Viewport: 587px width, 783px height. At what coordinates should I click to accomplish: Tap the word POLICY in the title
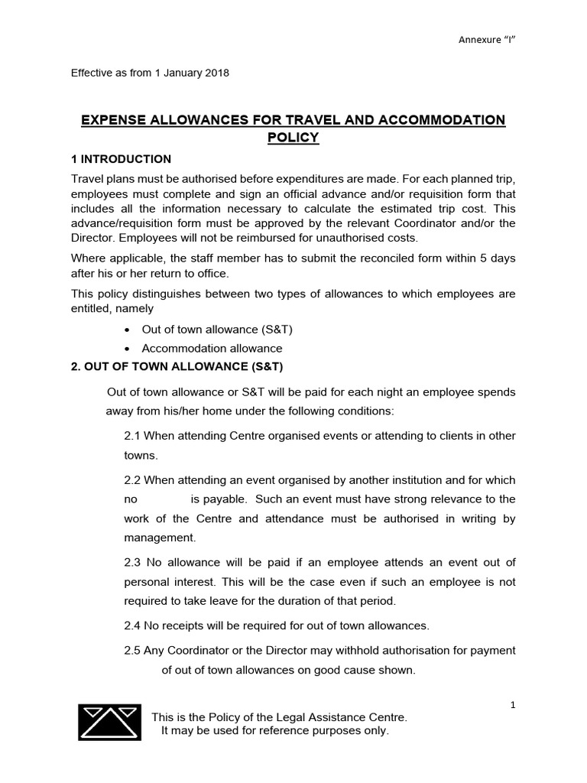pos(293,138)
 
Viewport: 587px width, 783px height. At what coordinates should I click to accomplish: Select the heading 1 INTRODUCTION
pos(121,159)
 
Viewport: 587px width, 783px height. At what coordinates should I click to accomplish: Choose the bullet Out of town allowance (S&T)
pos(217,330)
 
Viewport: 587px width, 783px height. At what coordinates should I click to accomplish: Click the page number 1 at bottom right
pos(513,705)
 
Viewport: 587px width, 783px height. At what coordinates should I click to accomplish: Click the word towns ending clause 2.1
pos(140,455)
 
